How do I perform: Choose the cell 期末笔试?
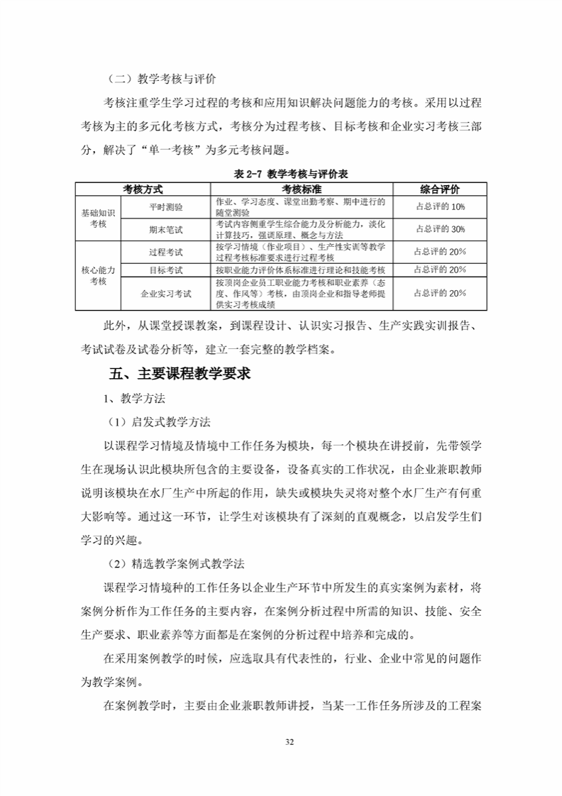point(166,229)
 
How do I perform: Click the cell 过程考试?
point(166,252)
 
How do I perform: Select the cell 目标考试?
point(166,270)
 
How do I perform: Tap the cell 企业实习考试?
point(166,292)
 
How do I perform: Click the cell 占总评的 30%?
point(439,229)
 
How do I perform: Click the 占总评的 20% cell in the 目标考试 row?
point(439,270)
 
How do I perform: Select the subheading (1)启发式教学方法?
point(159,421)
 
